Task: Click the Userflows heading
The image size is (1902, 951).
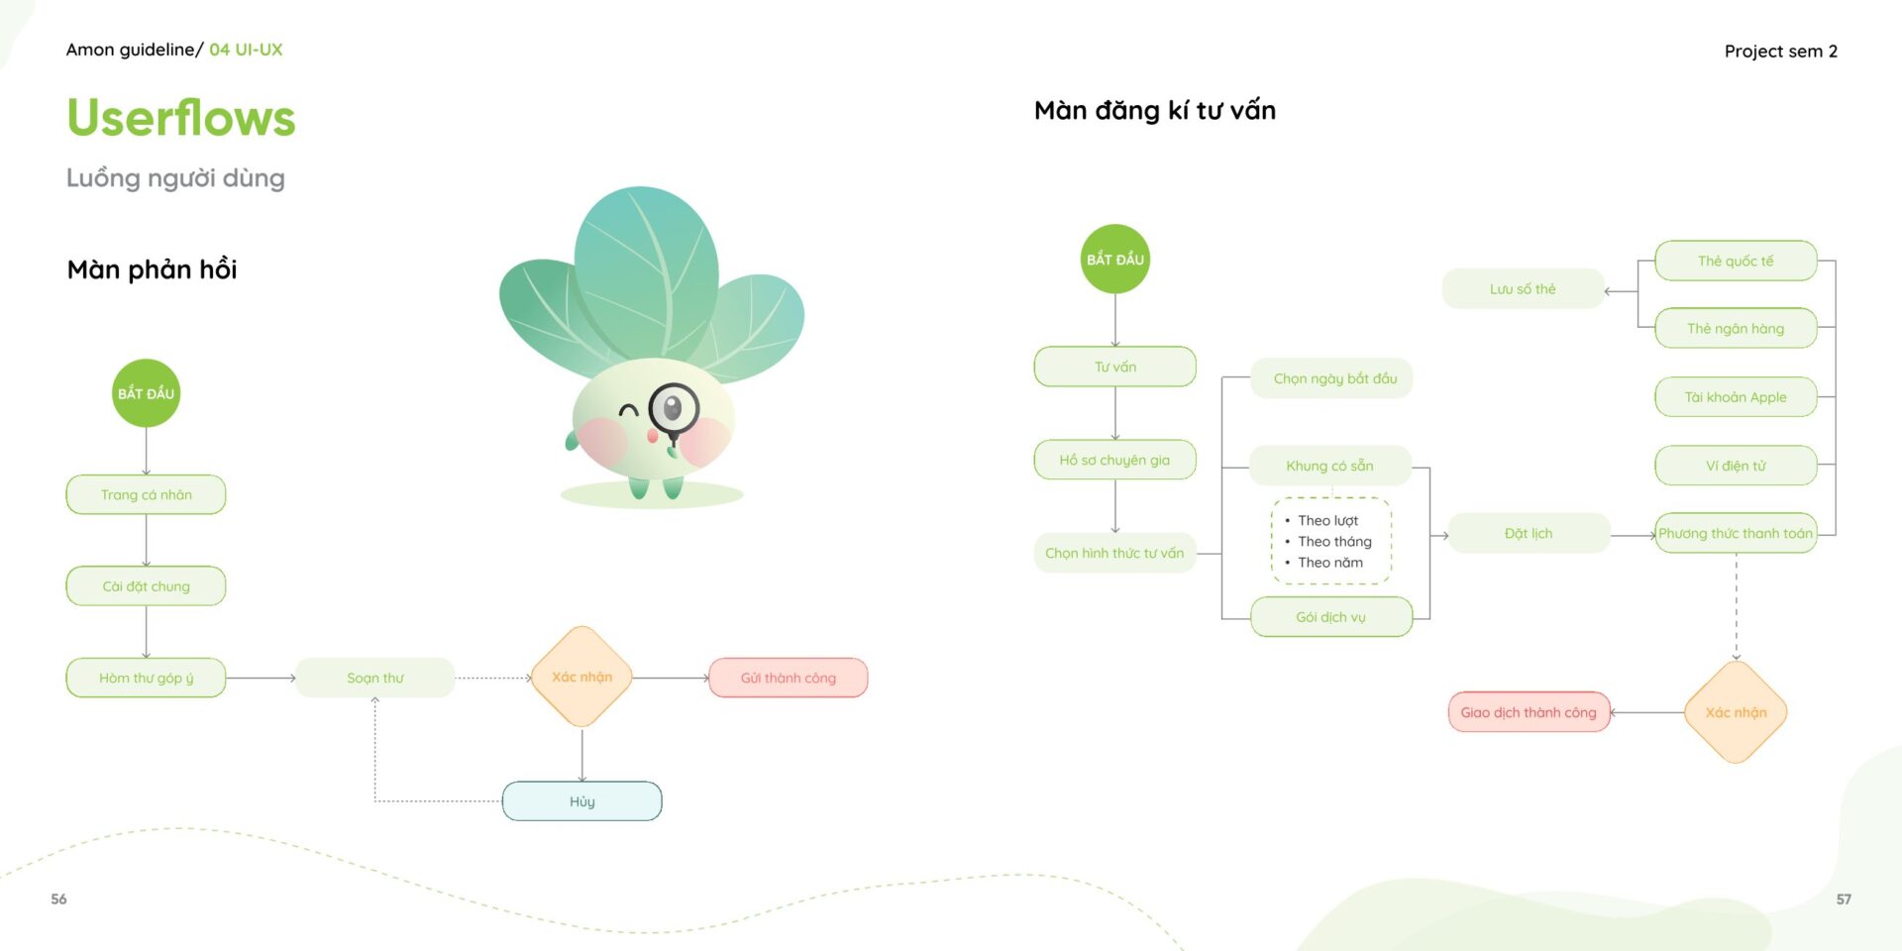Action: point(181,118)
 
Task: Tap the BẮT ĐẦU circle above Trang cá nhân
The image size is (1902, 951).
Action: point(146,393)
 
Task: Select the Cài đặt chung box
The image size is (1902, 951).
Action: point(146,585)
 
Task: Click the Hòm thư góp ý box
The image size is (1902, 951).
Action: point(146,678)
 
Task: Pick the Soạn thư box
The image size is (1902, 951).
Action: point(375,678)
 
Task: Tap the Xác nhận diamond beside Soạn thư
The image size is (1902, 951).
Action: point(581,677)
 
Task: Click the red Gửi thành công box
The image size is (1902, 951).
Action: point(789,678)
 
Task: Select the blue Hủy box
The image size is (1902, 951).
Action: point(581,801)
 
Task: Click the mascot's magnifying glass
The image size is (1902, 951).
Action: point(674,408)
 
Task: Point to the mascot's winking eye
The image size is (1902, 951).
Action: point(628,408)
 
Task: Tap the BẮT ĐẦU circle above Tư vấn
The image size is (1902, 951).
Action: point(1114,259)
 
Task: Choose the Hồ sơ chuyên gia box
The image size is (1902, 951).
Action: point(1114,460)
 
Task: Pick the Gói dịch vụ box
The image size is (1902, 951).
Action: point(1330,617)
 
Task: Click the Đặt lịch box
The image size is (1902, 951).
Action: point(1529,533)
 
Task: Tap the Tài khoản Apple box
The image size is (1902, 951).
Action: point(1736,397)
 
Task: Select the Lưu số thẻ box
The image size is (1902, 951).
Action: point(1523,289)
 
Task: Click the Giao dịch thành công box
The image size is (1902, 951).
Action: point(1529,712)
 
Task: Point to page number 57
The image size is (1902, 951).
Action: point(1844,899)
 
